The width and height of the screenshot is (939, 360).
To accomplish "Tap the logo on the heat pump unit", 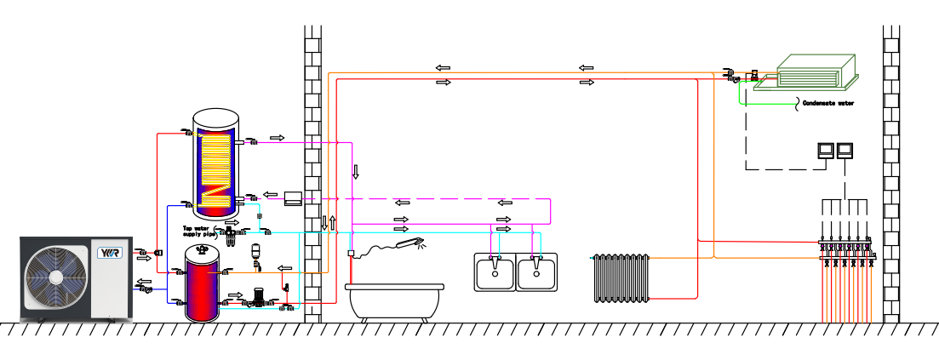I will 111,253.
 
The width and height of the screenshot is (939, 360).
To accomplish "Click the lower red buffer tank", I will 203,285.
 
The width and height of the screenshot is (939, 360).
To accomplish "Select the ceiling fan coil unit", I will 815,71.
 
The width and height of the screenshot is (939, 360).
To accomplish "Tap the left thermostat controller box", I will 825,150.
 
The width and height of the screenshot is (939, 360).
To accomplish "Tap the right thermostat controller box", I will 844,150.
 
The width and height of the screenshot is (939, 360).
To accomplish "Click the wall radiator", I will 620,277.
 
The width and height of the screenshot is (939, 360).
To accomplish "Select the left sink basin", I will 495,273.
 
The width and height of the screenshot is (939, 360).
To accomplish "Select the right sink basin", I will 537,273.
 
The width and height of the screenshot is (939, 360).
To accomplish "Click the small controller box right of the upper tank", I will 293,198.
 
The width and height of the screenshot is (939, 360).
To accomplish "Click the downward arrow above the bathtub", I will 356,171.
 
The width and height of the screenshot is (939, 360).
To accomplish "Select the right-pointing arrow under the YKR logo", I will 143,257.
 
